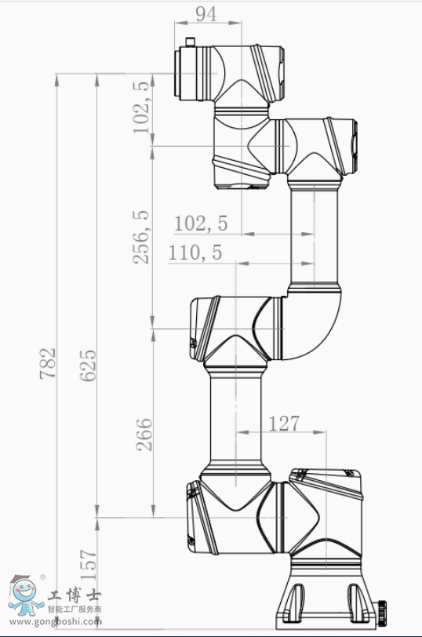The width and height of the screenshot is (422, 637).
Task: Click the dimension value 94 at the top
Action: pos(206,14)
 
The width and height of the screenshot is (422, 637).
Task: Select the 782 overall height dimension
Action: pos(48,363)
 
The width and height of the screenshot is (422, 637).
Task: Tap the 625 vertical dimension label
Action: pos(88,365)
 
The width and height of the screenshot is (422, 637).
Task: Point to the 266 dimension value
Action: pos(144,435)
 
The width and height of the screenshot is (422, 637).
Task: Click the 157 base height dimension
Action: pos(88,565)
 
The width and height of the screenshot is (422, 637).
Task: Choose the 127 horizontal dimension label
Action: pos(284,424)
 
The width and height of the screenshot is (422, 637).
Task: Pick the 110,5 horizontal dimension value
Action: pos(195,253)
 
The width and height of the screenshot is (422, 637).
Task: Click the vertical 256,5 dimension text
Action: pos(141,237)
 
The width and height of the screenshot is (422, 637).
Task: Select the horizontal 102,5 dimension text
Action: pos(201,224)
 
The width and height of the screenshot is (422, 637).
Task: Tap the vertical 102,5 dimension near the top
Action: pos(141,107)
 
